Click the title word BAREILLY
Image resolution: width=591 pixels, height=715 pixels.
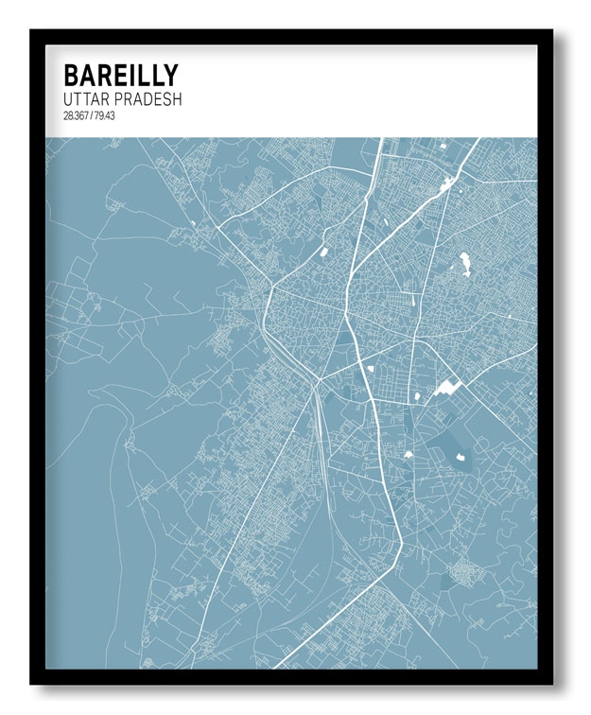pyautogui.click(x=120, y=76)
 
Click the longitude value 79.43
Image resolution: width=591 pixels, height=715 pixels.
pyautogui.click(x=102, y=117)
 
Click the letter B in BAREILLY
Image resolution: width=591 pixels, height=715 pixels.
pyautogui.click(x=70, y=76)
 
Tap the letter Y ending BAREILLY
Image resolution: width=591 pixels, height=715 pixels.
pyautogui.click(x=170, y=76)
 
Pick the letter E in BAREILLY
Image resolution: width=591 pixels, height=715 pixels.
pyautogui.click(x=118, y=76)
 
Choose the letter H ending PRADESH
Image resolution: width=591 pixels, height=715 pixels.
pyautogui.click(x=177, y=99)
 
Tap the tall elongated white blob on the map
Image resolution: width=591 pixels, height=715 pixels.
pyautogui.click(x=465, y=264)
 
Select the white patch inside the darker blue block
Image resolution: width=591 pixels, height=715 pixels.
pyautogui.click(x=461, y=458)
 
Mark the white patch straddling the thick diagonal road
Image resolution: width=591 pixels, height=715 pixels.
pyautogui.click(x=444, y=185)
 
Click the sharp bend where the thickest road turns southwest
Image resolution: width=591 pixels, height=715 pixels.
pyautogui.click(x=401, y=544)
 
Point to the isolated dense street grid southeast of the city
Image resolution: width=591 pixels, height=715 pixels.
pyautogui.click(x=463, y=572)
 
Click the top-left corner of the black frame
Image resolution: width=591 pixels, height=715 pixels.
pyautogui.click(x=31, y=31)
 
